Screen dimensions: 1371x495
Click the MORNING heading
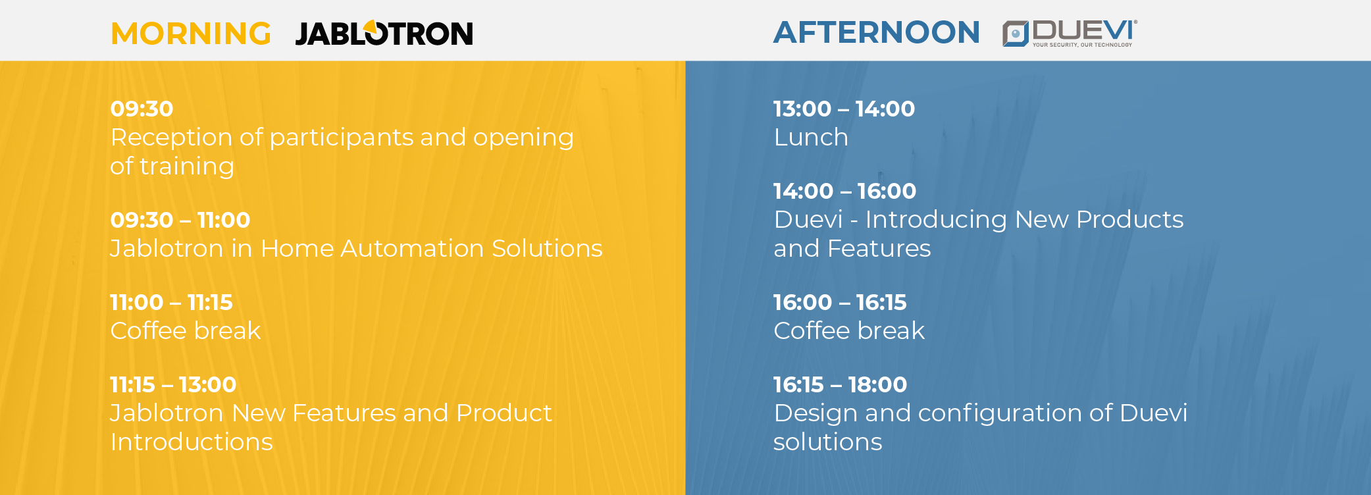pos(191,34)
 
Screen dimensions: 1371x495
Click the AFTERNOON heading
pos(877,32)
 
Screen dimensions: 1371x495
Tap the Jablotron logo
pos(384,33)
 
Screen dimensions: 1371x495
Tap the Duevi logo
pos(1070,33)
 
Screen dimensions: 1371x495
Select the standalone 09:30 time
pos(142,109)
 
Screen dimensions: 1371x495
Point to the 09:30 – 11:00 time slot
pos(180,220)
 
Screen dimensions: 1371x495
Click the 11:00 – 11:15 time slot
pos(171,302)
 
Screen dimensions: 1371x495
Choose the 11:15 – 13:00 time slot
pos(173,384)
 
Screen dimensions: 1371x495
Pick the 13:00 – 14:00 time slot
pos(844,109)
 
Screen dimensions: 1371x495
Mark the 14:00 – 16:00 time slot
pos(844,191)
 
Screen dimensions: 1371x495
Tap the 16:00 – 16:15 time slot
pos(840,302)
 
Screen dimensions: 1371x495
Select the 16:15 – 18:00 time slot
pos(840,384)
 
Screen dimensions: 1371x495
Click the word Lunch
pos(811,138)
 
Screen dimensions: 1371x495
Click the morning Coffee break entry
pos(186,330)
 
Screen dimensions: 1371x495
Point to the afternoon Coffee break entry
pos(849,330)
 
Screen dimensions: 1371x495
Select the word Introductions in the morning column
pos(192,442)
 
